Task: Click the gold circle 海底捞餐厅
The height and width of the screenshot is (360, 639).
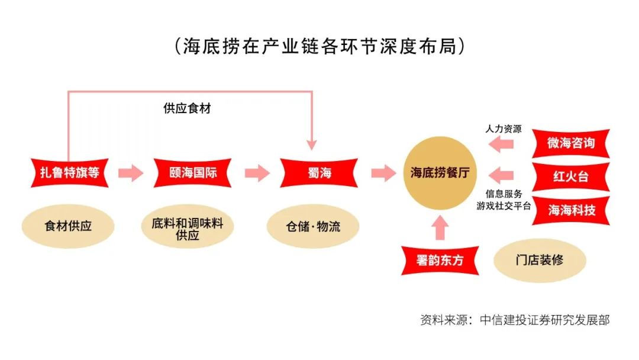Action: (x=440, y=173)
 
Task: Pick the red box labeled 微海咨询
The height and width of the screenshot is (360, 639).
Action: (x=570, y=143)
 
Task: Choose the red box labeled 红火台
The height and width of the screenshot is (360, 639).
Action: (x=570, y=176)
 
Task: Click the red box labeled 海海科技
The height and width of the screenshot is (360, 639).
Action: (x=570, y=210)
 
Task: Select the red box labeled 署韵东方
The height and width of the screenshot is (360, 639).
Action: (x=440, y=260)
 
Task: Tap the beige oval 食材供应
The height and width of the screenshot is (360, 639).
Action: (x=68, y=226)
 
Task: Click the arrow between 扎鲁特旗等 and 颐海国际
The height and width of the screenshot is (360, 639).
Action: (x=131, y=173)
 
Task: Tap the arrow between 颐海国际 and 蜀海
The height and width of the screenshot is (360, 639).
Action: (x=257, y=173)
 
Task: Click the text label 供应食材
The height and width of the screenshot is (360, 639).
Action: (x=187, y=109)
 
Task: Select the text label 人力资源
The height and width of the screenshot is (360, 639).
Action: (x=504, y=128)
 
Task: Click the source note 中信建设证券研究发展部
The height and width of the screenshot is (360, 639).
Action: (x=544, y=320)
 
